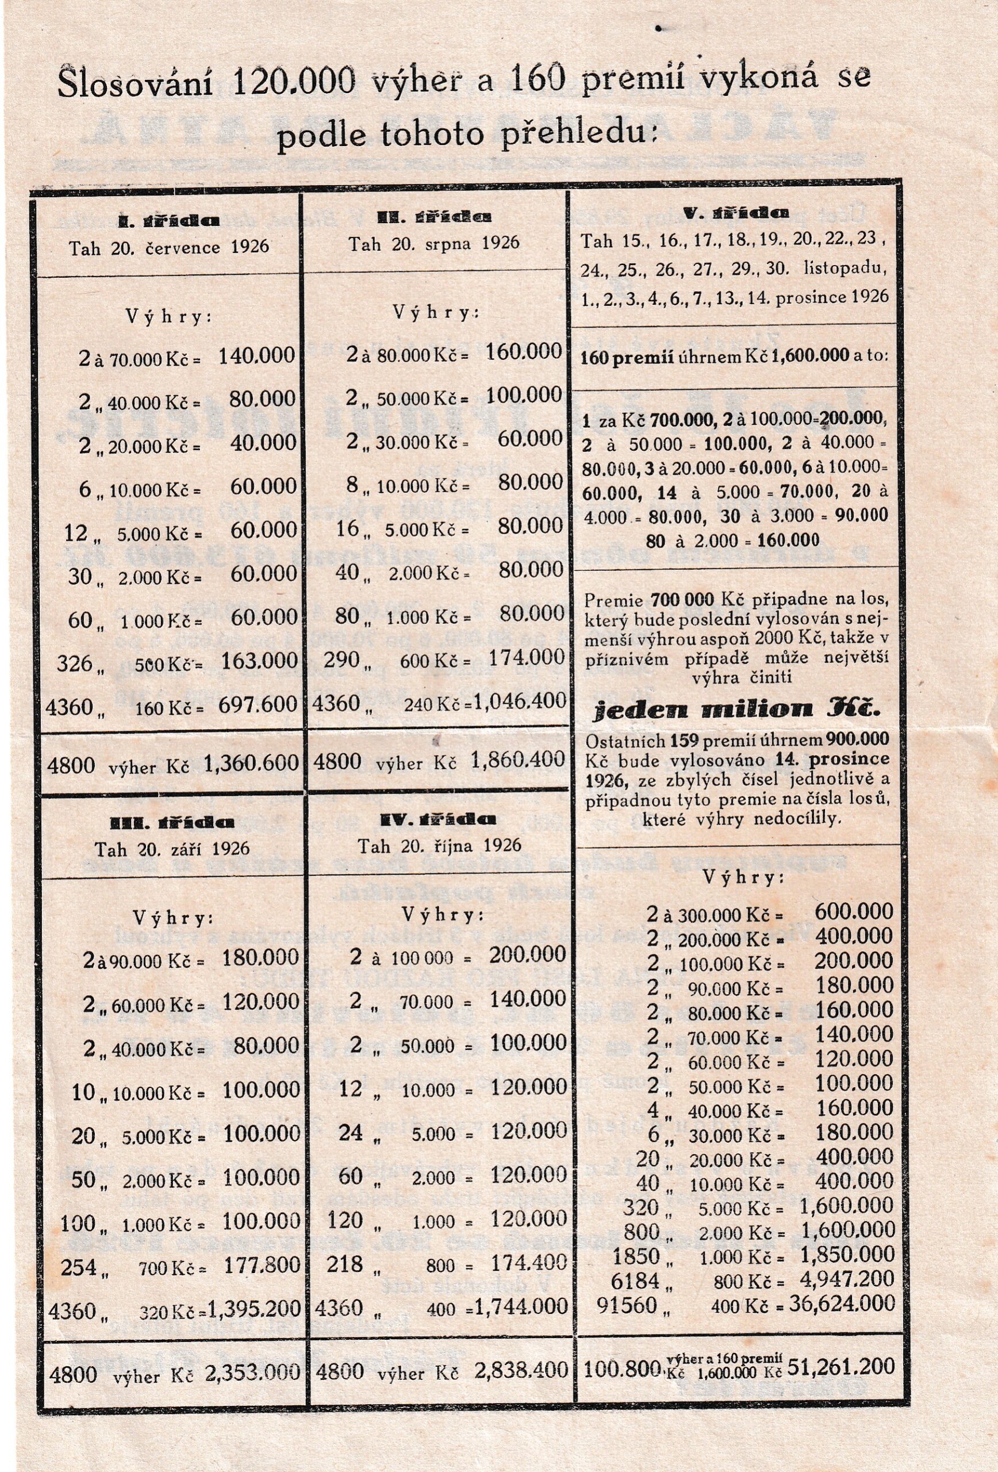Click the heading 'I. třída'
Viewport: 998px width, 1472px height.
tap(169, 221)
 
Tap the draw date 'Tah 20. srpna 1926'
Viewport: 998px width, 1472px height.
tap(435, 243)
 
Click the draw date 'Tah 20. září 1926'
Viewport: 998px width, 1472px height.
tap(172, 849)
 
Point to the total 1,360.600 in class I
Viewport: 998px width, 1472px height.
tap(251, 763)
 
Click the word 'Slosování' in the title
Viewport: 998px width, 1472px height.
tap(135, 83)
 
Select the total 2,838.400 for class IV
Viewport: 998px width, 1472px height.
tap(521, 1370)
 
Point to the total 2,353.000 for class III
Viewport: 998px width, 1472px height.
tap(252, 1372)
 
